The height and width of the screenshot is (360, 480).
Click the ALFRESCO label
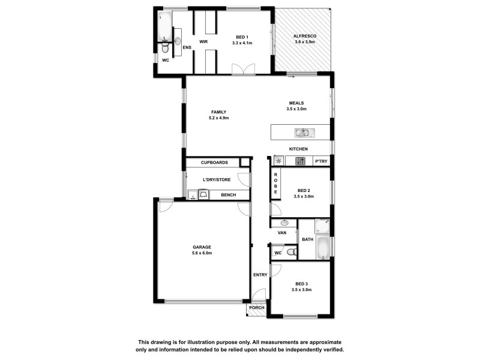click(x=305, y=36)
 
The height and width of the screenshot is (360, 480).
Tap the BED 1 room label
click(x=242, y=36)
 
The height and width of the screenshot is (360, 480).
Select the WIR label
click(x=203, y=41)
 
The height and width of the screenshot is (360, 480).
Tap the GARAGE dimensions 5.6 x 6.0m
click(x=202, y=253)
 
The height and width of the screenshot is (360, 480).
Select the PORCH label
click(x=256, y=308)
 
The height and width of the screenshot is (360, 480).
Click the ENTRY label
click(x=260, y=275)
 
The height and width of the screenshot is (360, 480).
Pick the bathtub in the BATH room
click(x=322, y=247)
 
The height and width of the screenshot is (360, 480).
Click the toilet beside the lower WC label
click(x=290, y=253)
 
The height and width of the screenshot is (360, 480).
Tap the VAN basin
click(x=284, y=223)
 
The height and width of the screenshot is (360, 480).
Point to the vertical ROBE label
click(x=275, y=183)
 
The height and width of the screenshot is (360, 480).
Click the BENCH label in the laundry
click(x=228, y=195)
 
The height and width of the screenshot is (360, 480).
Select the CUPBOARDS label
click(x=214, y=163)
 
